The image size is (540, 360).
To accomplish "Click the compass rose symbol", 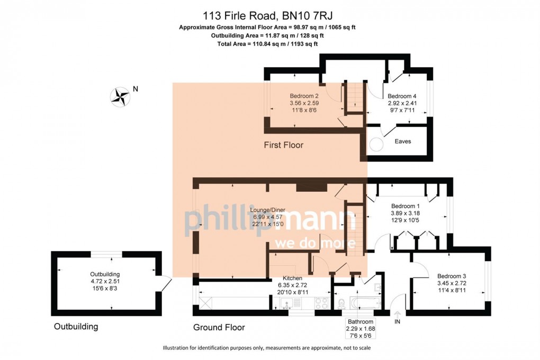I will (120, 96).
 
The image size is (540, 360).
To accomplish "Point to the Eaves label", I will (402, 141).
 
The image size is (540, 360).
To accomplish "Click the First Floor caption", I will (284, 145).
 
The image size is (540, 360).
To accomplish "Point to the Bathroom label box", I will (360, 325).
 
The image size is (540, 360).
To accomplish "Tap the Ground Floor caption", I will (219, 328).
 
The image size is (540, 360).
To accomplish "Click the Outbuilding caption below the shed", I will (76, 327).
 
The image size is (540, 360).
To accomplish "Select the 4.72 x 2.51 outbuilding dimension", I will (105, 281).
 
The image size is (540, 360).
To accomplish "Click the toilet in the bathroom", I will (341, 303).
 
